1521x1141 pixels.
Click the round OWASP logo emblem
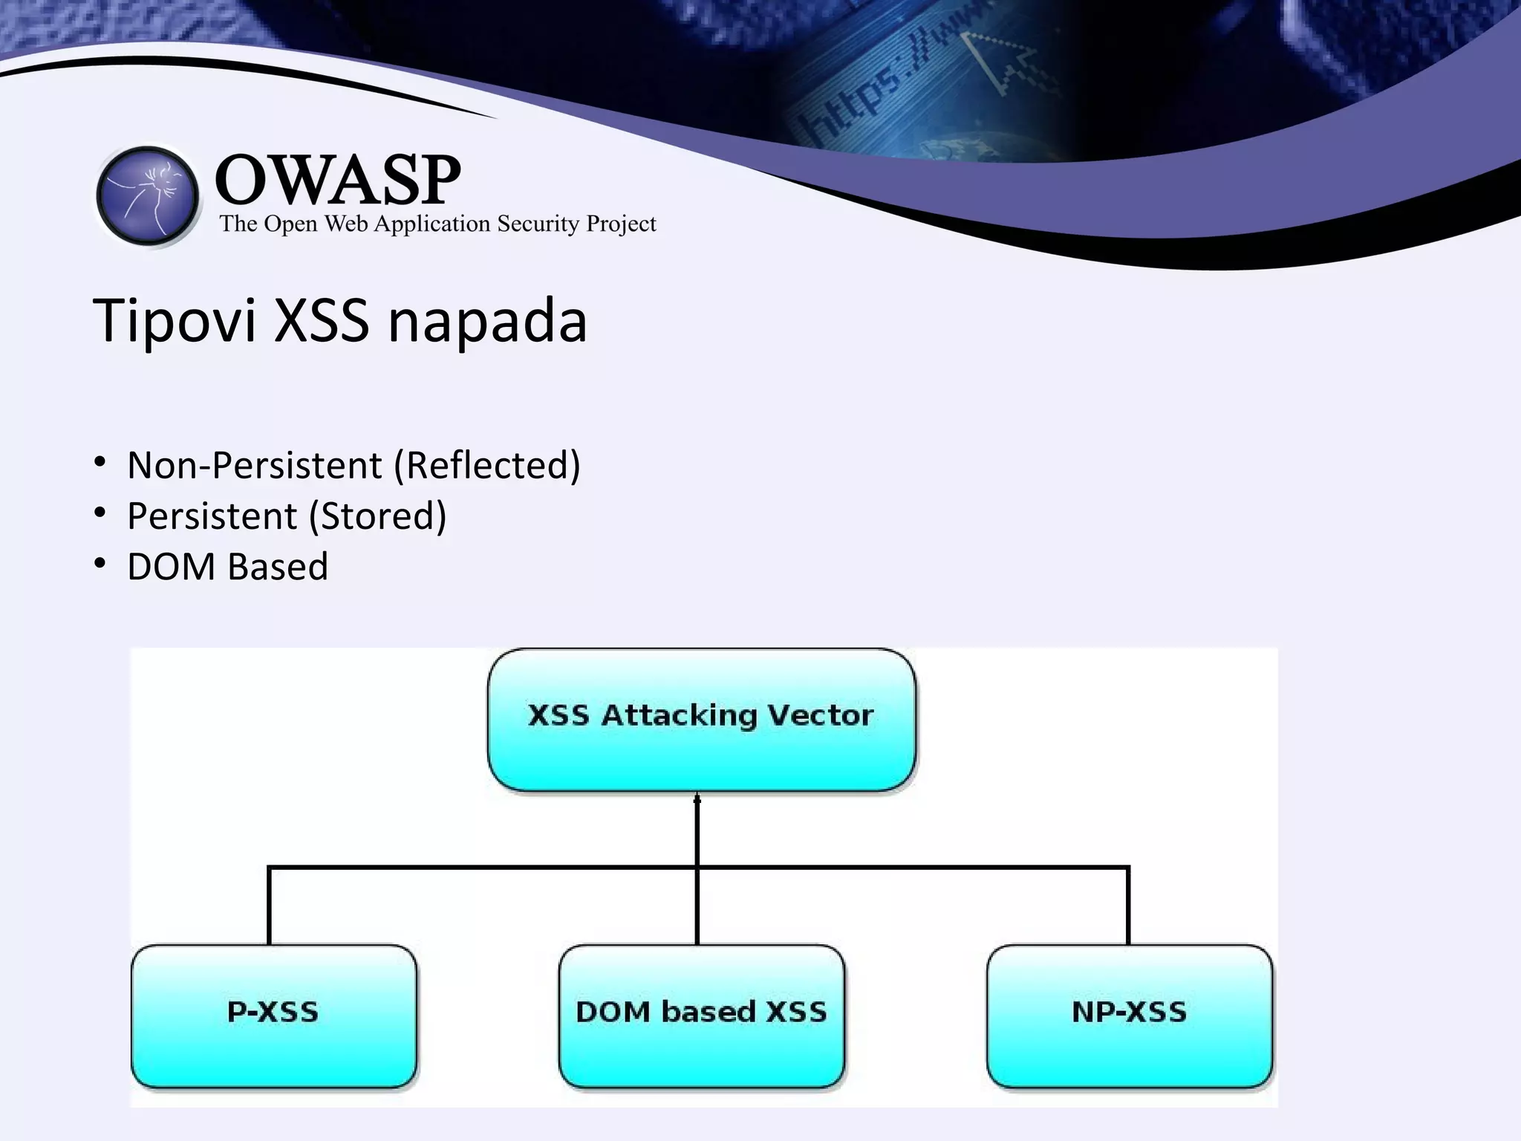148,196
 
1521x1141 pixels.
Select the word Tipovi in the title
174,321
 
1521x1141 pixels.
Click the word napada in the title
487,321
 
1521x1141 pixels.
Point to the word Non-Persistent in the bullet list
255,466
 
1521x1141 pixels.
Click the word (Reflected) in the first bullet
487,466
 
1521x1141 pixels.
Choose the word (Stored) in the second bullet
377,516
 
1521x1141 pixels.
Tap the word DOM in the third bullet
172,567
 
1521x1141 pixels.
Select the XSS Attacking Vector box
701,719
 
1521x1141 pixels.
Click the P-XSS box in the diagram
273,1015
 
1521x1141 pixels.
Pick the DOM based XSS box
701,1015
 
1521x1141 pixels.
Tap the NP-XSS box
1129,1015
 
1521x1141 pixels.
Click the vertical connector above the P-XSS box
269,906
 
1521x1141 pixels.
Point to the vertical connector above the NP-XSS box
1128,906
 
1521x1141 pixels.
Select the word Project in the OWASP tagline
621,224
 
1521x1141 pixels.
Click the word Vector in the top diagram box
820,715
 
